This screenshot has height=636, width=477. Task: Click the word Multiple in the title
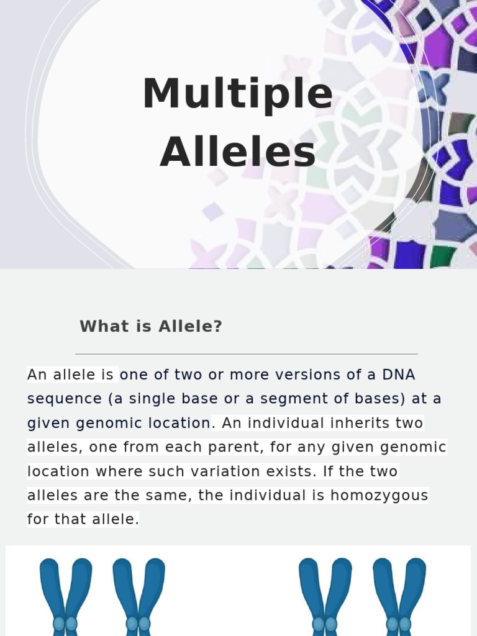pos(238,94)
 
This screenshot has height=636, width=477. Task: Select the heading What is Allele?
pos(151,326)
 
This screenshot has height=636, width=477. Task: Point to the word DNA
pos(398,375)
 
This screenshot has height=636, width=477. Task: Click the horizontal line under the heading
pos(247,354)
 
